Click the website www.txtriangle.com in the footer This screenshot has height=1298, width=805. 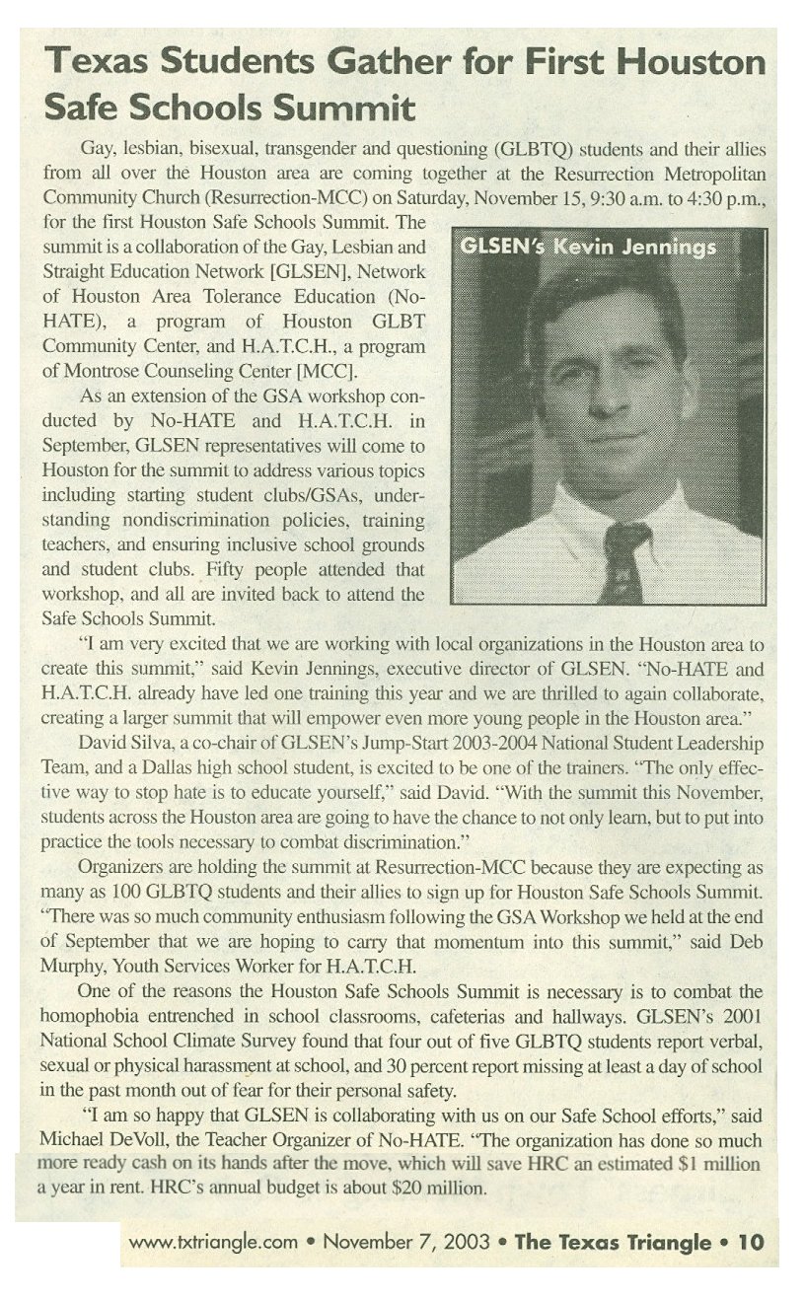[x=213, y=1242]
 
